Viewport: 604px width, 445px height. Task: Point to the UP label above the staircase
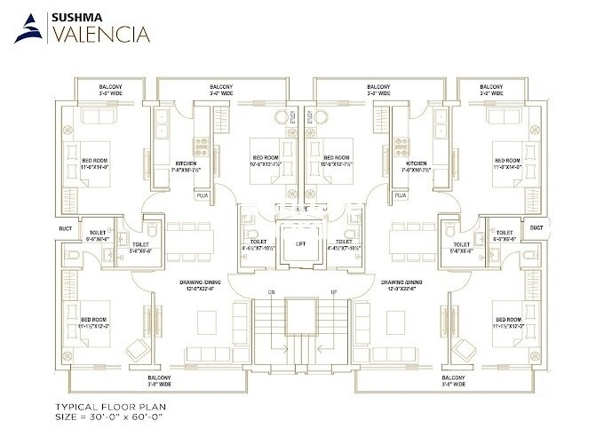pos(333,292)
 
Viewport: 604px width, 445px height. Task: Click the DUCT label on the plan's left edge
pos(66,227)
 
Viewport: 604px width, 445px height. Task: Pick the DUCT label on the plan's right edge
pos(536,227)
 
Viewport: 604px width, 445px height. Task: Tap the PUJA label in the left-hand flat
pos(203,194)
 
